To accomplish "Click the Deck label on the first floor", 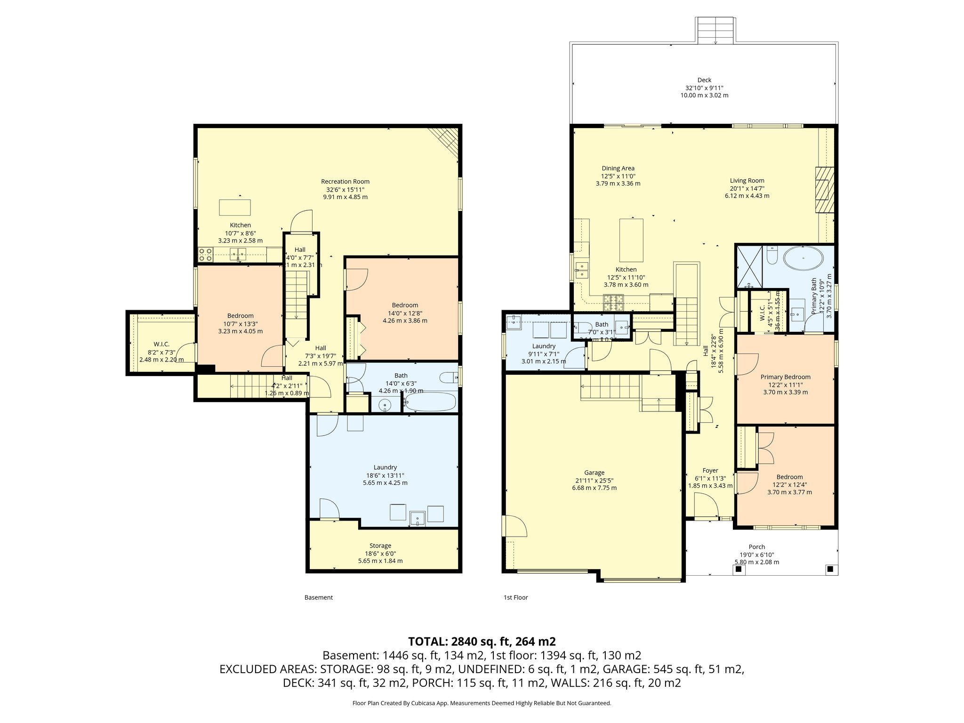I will [704, 80].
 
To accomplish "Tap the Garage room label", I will [594, 473].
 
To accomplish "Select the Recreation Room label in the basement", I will [345, 182].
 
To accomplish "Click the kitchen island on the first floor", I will [631, 240].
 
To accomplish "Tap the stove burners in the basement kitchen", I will [205, 255].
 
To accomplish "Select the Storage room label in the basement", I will [380, 546].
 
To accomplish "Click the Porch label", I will [756, 547].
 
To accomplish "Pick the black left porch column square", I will [738, 569].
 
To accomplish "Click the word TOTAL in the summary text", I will [427, 642].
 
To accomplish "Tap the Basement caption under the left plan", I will [318, 597].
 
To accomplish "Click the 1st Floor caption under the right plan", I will [515, 597].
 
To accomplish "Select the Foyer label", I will [710, 471].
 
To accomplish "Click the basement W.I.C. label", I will [161, 345].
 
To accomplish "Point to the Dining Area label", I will [618, 169].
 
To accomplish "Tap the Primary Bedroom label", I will [785, 377].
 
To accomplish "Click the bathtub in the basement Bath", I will [430, 402].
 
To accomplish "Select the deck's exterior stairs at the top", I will [715, 30].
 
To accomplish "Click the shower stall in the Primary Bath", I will [749, 266].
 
